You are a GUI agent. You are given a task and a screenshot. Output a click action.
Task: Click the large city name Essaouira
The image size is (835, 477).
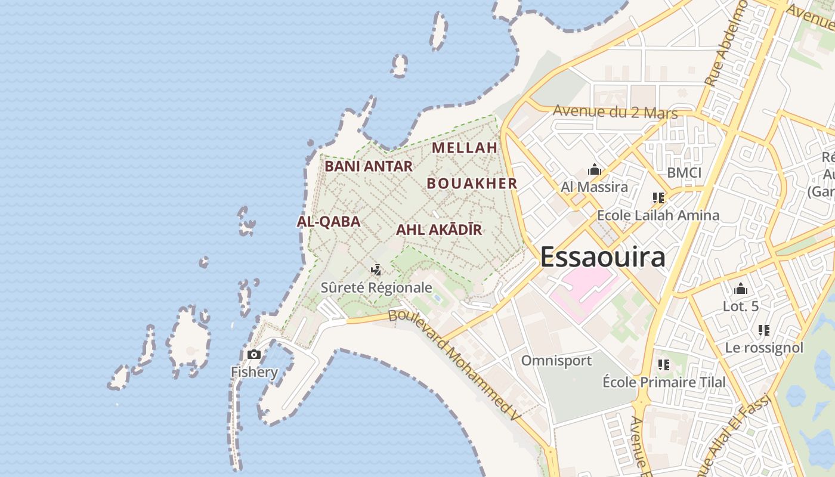click(602, 258)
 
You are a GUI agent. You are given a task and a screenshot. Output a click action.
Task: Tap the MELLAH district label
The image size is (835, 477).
click(465, 147)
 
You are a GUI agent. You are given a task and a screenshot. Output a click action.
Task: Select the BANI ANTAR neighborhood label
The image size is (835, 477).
click(369, 166)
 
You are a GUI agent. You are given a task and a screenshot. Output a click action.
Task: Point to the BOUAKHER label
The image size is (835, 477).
click(472, 184)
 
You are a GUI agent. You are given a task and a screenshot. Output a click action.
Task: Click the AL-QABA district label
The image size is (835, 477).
click(329, 222)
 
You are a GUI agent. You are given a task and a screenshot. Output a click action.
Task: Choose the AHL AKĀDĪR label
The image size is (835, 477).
click(439, 230)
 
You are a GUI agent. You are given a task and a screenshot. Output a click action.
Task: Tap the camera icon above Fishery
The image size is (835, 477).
click(254, 355)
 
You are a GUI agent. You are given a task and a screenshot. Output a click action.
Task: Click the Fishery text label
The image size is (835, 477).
click(255, 373)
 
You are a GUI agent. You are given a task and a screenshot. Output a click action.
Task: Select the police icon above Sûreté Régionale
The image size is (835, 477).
click(376, 270)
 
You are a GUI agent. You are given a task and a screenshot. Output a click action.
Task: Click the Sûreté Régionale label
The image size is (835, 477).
click(376, 287)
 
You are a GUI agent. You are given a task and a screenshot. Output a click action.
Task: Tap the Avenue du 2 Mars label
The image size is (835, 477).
click(615, 111)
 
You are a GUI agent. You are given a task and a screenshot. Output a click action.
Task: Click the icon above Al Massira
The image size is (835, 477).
click(594, 170)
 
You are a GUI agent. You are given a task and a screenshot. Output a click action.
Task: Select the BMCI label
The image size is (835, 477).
click(684, 173)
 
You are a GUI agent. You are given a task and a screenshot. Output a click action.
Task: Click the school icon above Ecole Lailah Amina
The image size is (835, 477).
click(658, 197)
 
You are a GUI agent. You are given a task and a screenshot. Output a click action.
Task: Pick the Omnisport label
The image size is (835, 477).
click(556, 361)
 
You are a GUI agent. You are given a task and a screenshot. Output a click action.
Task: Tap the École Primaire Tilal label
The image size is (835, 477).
click(664, 382)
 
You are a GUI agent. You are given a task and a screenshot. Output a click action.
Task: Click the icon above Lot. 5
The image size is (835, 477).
click(741, 289)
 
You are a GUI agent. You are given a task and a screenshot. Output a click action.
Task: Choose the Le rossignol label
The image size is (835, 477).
click(764, 348)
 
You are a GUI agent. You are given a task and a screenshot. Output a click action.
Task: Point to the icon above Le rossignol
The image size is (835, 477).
click(764, 330)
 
